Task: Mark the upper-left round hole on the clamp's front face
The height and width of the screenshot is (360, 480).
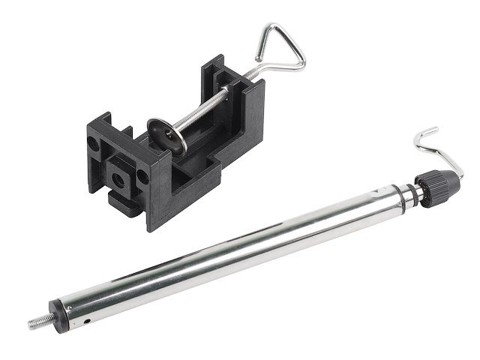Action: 94,142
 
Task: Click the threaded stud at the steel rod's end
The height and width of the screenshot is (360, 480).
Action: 39,324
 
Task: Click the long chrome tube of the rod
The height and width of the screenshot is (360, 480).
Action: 225,248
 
